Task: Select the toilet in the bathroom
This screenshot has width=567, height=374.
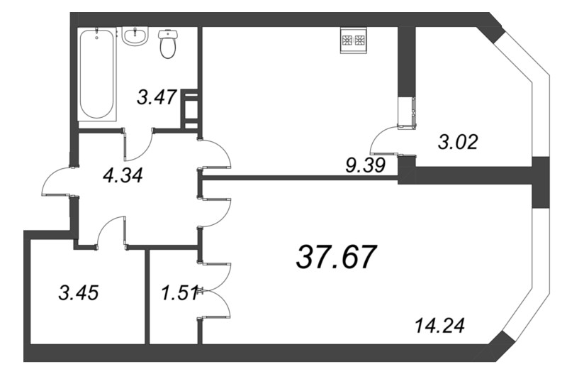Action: point(169,44)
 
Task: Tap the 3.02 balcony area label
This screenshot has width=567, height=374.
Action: point(459,142)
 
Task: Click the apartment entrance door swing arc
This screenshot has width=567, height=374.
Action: point(55,182)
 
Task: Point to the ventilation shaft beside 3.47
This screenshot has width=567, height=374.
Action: point(190,109)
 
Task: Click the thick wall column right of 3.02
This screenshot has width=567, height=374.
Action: point(540,181)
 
